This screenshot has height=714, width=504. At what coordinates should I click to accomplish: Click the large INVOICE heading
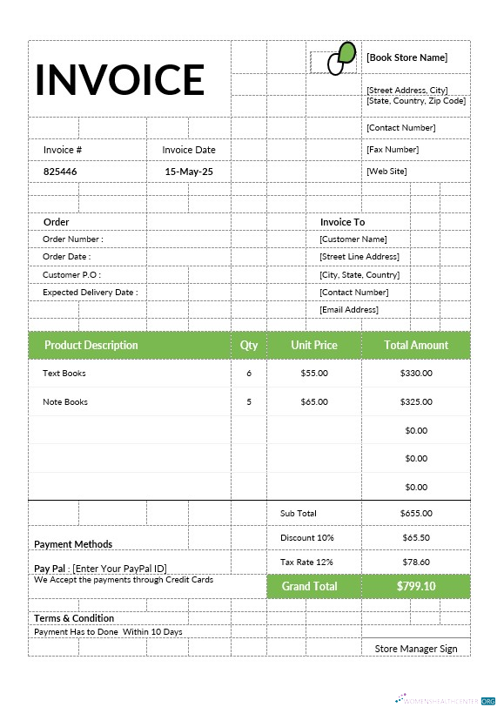coord(119,79)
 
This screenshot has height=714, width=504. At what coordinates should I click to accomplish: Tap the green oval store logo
coord(341,58)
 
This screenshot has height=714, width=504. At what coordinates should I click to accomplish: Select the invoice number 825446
coord(60,172)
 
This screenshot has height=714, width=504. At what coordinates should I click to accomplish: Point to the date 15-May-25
coord(189,172)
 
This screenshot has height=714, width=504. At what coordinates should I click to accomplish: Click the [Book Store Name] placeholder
coord(407,57)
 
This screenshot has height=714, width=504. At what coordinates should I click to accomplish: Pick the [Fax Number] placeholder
coord(393,150)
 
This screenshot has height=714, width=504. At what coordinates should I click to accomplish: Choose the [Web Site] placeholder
coord(386,171)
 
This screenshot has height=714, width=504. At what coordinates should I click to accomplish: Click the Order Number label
coord(73,239)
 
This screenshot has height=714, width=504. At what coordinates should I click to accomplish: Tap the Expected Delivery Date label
coord(91,293)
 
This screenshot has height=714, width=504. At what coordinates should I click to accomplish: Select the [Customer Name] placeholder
coord(353,239)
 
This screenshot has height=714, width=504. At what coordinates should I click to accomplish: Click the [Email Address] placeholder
coord(349,309)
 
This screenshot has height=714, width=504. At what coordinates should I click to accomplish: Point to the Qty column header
coord(249,345)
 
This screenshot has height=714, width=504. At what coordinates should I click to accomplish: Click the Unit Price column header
coord(314,345)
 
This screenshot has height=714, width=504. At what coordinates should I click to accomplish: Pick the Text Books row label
coord(64,373)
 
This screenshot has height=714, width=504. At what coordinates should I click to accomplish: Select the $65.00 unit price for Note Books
coord(314,401)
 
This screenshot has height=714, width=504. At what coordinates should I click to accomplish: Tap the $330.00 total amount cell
coord(416,373)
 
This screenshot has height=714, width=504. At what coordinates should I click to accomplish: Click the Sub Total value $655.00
coord(416,514)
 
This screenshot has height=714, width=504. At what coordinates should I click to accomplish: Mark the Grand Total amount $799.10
coord(416,586)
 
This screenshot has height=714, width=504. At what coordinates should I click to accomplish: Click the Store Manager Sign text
coord(416,649)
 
